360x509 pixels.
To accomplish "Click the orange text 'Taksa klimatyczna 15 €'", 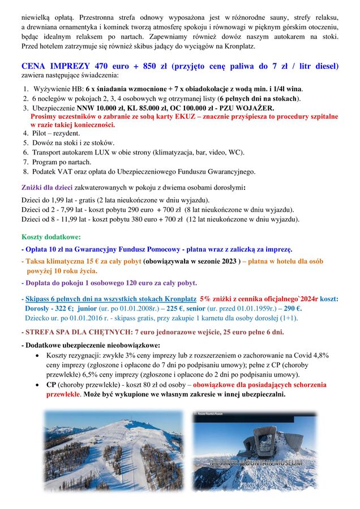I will point(63,261).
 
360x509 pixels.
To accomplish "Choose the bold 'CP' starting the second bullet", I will point(51,384).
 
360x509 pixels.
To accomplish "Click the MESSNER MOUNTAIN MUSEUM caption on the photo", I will point(255,463).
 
